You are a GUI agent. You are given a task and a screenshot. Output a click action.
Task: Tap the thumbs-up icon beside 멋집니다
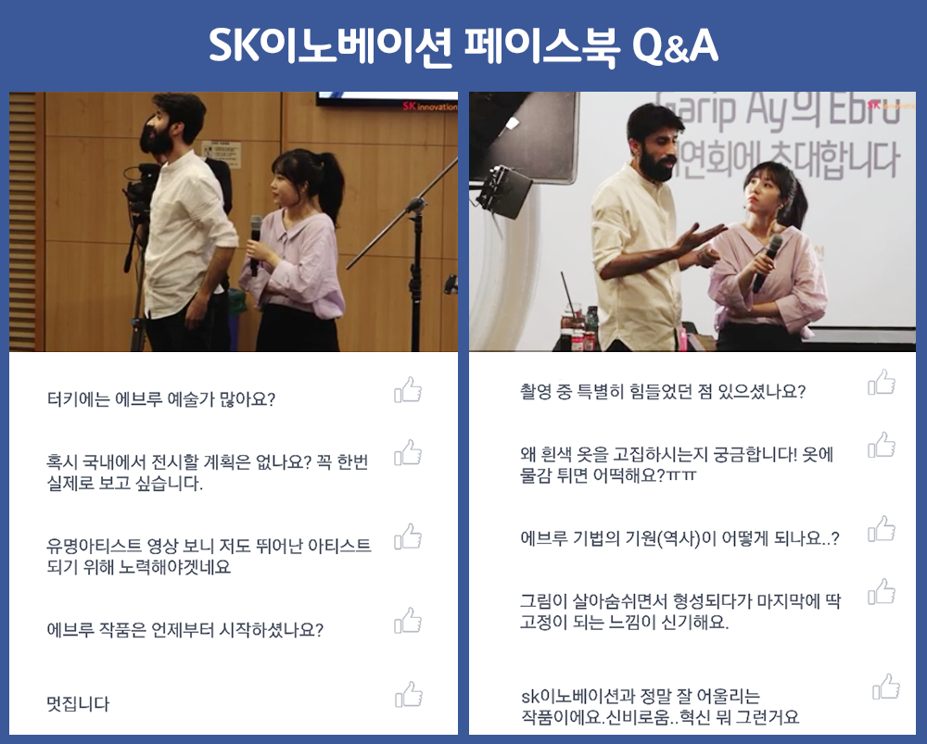click(x=409, y=695)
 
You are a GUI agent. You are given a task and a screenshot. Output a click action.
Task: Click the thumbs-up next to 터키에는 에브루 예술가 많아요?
click(x=409, y=390)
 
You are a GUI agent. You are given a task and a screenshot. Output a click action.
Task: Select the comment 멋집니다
click(x=79, y=704)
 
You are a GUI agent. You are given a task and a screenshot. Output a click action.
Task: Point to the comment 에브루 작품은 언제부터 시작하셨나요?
click(x=185, y=630)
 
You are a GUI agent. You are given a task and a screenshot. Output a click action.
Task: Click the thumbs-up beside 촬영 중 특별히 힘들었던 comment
click(x=882, y=382)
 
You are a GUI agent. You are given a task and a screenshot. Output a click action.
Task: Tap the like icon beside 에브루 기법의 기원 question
click(x=882, y=529)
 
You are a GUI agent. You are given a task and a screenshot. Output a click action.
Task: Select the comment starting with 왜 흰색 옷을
click(x=677, y=465)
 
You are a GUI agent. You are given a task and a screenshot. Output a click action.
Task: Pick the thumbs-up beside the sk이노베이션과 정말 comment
click(x=886, y=687)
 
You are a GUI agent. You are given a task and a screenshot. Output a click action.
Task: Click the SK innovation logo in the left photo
click(x=429, y=107)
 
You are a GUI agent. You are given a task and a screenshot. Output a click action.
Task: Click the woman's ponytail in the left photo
click(x=329, y=190)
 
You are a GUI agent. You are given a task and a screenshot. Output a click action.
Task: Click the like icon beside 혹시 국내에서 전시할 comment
click(x=409, y=453)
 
